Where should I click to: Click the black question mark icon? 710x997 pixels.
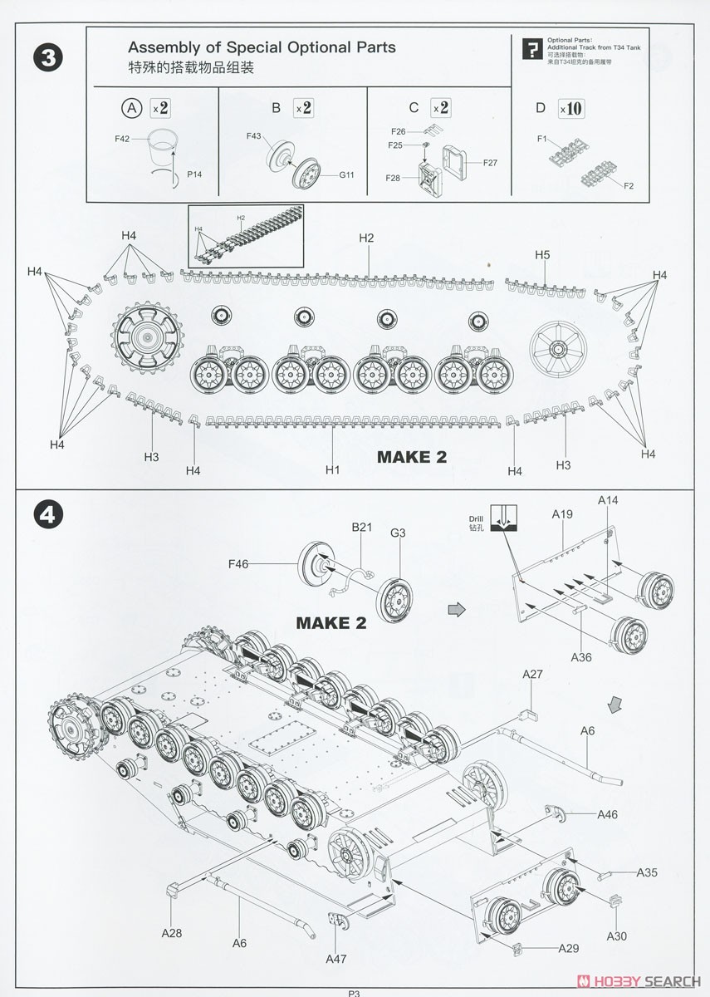pos(530,49)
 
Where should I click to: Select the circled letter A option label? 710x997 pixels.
pos(131,107)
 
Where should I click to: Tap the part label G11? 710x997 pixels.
pos(346,174)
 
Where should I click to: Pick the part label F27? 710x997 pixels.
pos(489,162)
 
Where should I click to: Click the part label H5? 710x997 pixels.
pos(541,255)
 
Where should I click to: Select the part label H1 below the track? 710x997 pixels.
pos(333,470)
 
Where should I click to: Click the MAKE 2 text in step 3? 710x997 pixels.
pos(412,457)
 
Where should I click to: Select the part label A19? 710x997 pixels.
pos(562,515)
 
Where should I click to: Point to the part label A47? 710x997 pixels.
pos(336,958)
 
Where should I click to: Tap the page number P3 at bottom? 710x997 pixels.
pos(355,991)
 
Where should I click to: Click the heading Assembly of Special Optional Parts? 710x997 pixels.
pos(262,48)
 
